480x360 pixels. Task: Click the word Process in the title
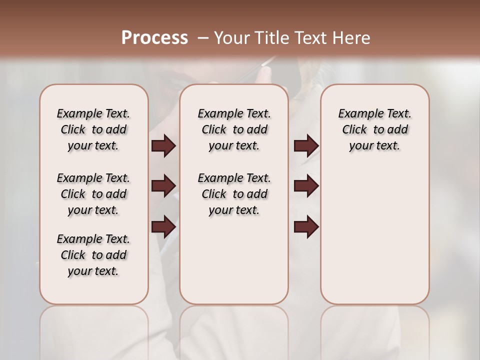point(154,38)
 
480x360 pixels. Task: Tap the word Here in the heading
point(352,38)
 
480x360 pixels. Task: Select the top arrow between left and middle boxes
point(163,146)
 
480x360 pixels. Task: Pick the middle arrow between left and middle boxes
point(163,186)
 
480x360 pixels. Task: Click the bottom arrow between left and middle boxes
point(163,226)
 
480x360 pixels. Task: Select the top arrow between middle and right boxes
point(306,146)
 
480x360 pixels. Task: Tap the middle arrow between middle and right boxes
point(306,186)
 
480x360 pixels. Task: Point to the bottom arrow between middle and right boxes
point(306,226)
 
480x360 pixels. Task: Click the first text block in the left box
point(93,129)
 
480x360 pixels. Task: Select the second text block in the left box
point(93,194)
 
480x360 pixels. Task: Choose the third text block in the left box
point(93,255)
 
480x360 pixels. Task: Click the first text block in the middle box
point(234,129)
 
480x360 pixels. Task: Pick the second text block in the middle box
point(234,194)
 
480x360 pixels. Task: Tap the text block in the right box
point(374,129)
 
